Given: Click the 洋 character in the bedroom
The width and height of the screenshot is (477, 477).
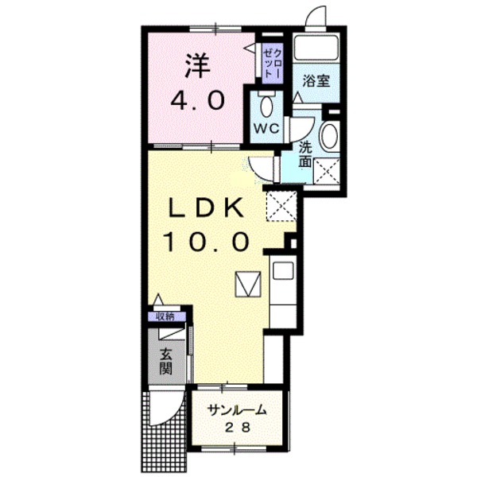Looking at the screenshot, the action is click(x=198, y=67).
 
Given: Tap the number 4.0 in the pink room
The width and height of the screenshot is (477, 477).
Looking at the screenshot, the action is click(x=198, y=101).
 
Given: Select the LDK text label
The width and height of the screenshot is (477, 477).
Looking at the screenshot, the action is click(x=207, y=208).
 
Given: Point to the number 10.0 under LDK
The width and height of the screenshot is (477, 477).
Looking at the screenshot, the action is click(x=207, y=241).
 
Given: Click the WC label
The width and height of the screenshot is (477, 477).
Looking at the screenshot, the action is click(x=267, y=129).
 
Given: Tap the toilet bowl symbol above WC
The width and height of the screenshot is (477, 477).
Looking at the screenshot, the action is click(x=267, y=107).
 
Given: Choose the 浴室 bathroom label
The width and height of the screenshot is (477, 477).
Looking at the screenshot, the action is click(x=316, y=81).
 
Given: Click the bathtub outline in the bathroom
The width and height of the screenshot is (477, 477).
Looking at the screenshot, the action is click(x=316, y=47).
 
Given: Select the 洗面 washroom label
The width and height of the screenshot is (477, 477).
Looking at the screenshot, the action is click(x=305, y=155).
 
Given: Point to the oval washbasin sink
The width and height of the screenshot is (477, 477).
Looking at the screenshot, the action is click(x=330, y=135).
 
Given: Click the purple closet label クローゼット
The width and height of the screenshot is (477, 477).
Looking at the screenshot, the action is click(x=273, y=63).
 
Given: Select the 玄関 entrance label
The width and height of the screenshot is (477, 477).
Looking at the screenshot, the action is click(x=167, y=362).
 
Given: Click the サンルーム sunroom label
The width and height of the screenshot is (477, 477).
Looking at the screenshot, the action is click(x=237, y=410).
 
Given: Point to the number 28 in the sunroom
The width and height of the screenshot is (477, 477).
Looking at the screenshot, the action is click(x=238, y=428).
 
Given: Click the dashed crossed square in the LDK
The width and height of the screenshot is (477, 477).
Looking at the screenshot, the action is click(x=281, y=206).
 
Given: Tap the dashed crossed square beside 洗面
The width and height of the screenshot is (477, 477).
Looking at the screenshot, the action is click(x=327, y=171).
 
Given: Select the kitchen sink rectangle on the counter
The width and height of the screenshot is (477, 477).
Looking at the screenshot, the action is click(x=283, y=270).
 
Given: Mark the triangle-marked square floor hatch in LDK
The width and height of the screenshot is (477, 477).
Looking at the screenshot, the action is click(x=248, y=284).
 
